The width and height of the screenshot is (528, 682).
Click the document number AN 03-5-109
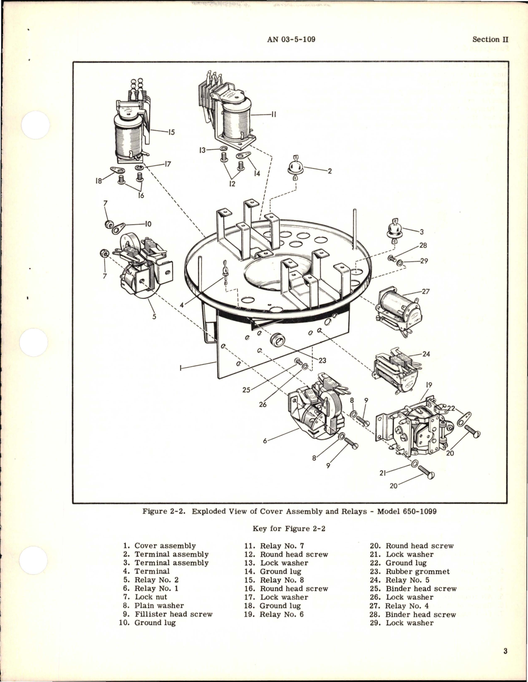[x=291, y=39]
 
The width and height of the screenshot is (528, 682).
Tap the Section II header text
[x=490, y=39]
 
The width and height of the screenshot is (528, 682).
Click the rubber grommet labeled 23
[x=277, y=340]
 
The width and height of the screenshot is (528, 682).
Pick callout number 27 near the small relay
[x=426, y=292]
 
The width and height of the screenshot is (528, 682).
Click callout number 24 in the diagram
[x=426, y=354]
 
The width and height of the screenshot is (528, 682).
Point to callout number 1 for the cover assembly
[x=180, y=369]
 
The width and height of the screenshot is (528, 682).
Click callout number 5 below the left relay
[x=154, y=317]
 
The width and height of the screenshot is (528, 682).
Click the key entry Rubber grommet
[x=417, y=571]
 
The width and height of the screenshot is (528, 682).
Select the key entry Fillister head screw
[x=173, y=614]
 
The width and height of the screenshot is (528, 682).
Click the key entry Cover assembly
[x=165, y=546]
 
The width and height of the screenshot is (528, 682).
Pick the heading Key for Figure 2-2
[x=289, y=528]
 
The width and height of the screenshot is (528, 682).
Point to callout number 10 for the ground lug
[x=148, y=224]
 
